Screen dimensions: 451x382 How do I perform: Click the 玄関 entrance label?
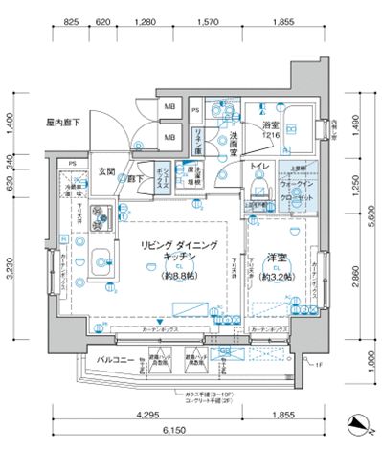click(x=106, y=173)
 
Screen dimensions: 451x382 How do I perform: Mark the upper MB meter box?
click(x=169, y=108)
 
